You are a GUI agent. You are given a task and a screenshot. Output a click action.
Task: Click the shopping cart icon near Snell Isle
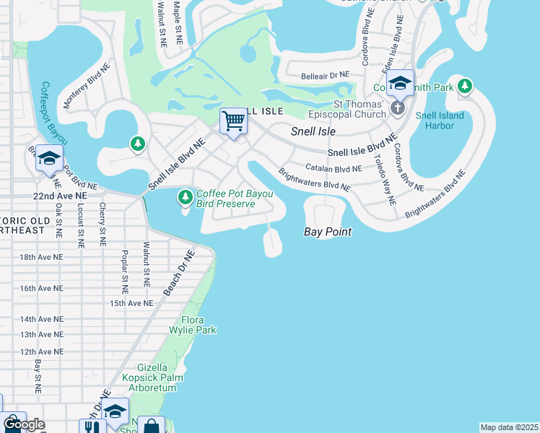tap(233, 121)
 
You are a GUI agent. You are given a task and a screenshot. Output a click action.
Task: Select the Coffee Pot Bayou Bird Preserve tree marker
tap(186, 196)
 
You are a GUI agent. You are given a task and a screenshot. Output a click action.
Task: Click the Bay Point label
tap(327, 232)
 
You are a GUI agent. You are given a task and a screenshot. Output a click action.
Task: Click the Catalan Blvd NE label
tap(333, 168)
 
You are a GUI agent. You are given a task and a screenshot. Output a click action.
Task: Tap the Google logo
tap(23, 424)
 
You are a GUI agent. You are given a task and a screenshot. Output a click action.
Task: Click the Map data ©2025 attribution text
tap(509, 427)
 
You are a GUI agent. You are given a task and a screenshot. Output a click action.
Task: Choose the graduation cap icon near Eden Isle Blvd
tap(400, 84)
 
